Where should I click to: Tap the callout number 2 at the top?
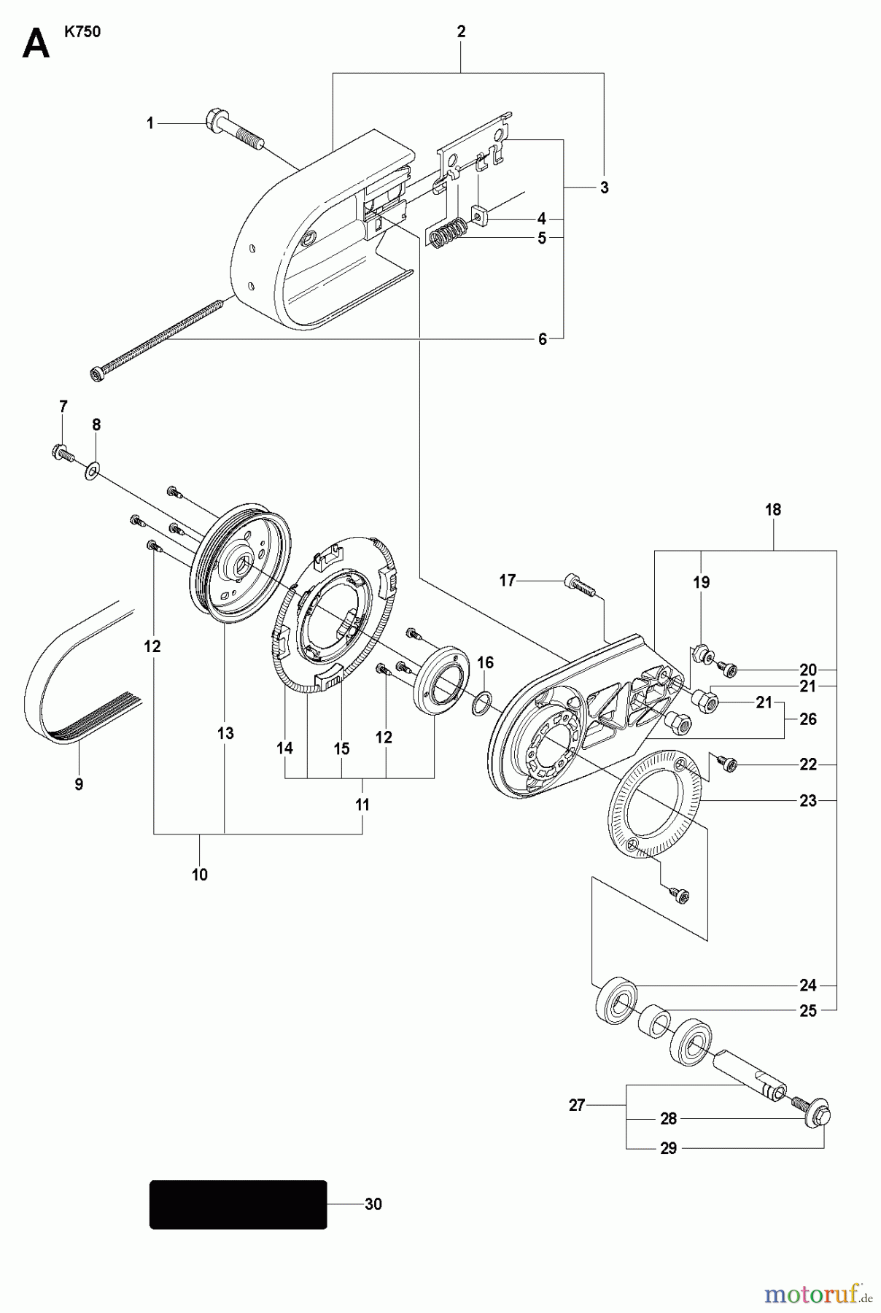coord(461,31)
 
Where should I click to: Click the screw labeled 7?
coord(62,453)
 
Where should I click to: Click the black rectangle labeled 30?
coord(238,1204)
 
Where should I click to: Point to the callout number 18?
coord(773,510)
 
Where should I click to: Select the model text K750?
coord(82,33)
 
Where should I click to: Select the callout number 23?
coord(808,801)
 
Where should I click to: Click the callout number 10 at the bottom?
coord(200,875)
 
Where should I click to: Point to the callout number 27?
coord(577,1106)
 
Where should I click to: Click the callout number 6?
coord(542,339)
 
